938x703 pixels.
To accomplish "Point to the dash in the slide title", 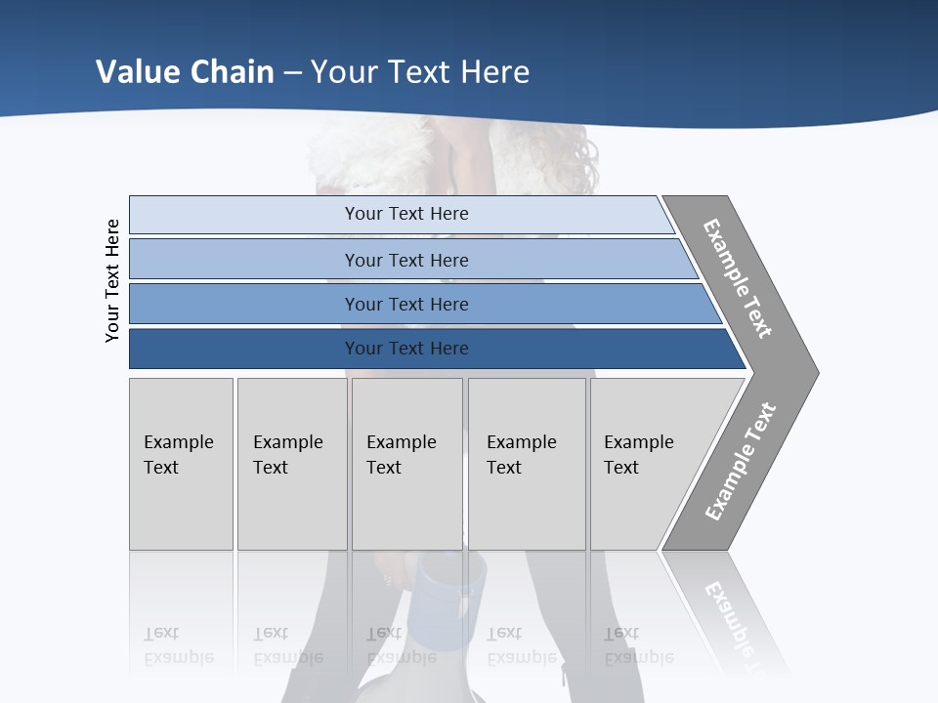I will (x=292, y=72).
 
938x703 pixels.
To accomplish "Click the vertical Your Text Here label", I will (x=112, y=280).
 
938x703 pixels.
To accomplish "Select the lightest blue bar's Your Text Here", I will (x=405, y=214).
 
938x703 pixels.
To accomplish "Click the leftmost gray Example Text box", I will (x=181, y=464).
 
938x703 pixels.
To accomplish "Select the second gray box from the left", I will (x=291, y=464).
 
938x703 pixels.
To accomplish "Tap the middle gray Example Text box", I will (x=405, y=464).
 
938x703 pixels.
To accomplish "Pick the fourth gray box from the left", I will (x=526, y=464).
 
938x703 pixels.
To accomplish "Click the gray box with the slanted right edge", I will (x=650, y=464).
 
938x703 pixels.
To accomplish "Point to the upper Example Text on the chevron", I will (x=739, y=278).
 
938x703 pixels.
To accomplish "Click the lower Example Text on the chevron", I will (x=741, y=462).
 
